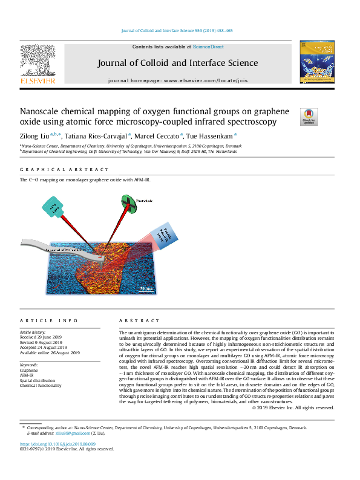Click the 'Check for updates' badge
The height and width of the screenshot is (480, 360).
[x=309, y=116]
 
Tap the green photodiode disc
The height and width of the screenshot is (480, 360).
[x=130, y=203]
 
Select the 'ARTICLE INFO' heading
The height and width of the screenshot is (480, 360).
[x=48, y=320]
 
